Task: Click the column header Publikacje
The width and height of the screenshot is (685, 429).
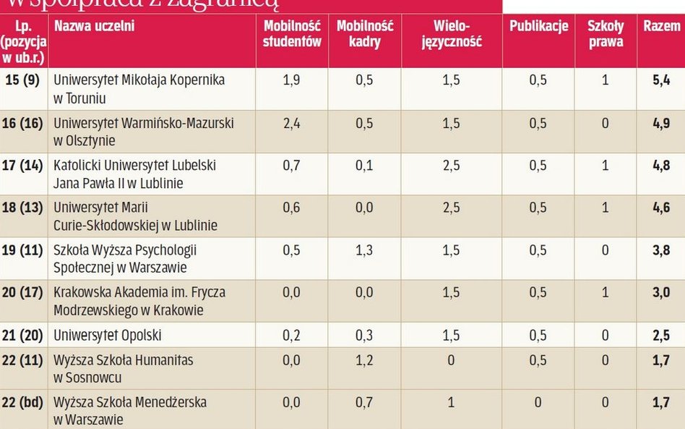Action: pos(539,27)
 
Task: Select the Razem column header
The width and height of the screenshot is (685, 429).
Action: pos(662,27)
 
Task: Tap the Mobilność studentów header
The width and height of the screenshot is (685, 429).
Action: pos(292,34)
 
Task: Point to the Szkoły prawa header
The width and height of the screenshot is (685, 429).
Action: pos(605,34)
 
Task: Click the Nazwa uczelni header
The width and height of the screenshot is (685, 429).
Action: pos(94,27)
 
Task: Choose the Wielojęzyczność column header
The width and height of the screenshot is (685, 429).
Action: pos(452,34)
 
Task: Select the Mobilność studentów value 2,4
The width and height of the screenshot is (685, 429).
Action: pos(292,124)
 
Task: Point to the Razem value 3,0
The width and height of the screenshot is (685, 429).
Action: pos(661,294)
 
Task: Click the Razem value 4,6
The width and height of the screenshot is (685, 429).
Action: pos(661,208)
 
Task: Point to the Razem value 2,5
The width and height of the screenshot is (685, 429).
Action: pos(661,336)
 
